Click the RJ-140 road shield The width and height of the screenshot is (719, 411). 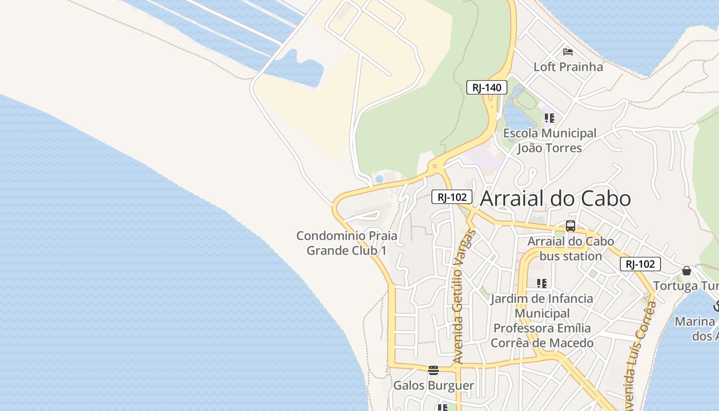(x=486, y=87)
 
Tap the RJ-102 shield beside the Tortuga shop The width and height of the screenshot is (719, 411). (x=640, y=264)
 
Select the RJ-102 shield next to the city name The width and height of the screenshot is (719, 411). (x=451, y=197)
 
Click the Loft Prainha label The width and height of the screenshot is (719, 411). (x=568, y=67)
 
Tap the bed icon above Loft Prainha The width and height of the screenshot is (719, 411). (x=568, y=51)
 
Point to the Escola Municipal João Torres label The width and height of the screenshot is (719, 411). (x=550, y=141)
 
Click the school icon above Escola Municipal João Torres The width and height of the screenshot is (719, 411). (x=550, y=118)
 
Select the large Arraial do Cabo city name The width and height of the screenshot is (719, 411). (x=555, y=199)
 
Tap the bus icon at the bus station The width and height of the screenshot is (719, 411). (x=571, y=226)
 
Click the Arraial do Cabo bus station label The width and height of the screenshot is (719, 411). (x=571, y=249)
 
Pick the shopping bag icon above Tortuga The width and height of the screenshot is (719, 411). (x=687, y=271)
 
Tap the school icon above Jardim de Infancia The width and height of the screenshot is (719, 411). (x=541, y=283)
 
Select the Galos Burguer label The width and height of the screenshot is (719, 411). (x=433, y=385)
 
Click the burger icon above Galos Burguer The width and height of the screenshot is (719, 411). (x=433, y=370)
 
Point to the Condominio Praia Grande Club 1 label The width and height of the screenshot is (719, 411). (x=347, y=243)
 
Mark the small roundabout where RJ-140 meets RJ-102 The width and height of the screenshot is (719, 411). (x=435, y=166)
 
